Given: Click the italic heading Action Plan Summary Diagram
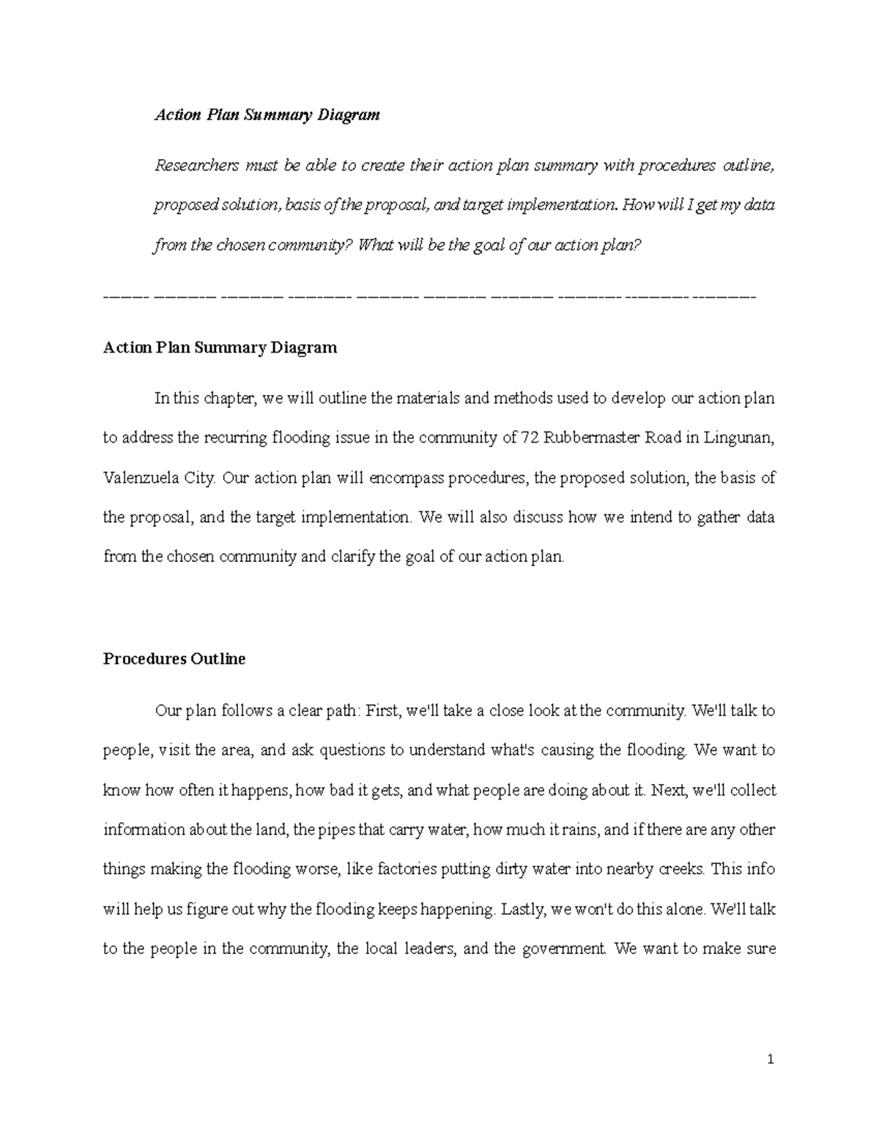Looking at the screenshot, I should [x=267, y=115].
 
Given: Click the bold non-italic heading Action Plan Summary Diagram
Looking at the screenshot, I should [x=220, y=347].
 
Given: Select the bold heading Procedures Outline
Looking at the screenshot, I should [x=174, y=659].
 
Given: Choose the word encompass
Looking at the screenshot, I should [x=407, y=479].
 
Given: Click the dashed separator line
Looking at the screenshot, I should [x=429, y=297].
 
